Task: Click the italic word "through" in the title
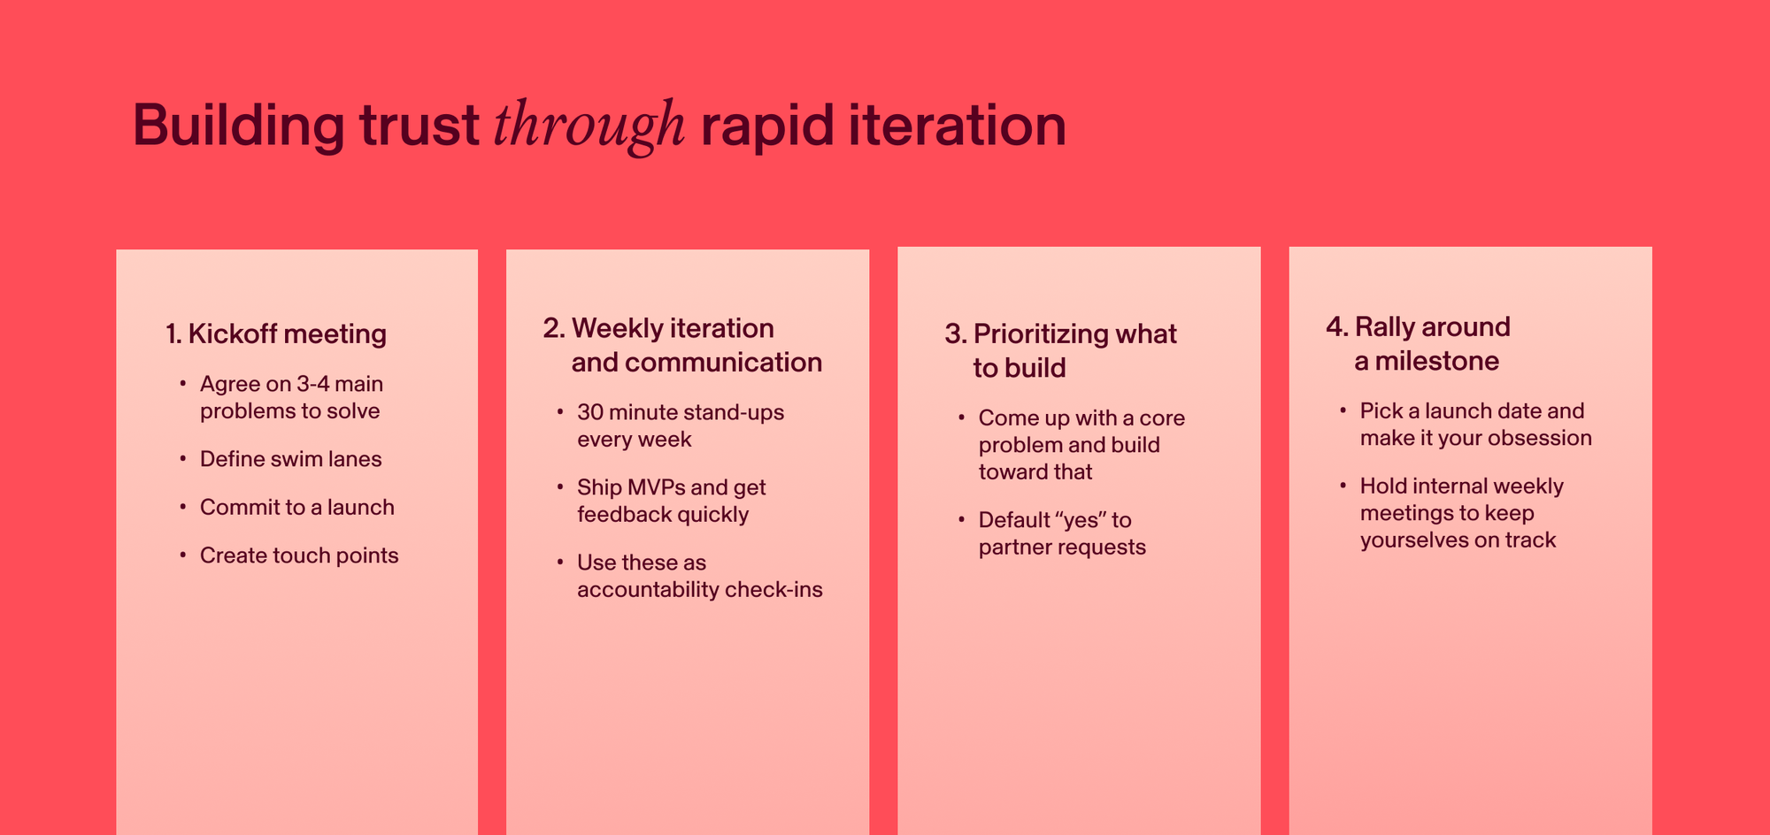[x=589, y=126]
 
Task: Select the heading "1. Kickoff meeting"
[x=276, y=333]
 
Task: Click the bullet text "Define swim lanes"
[x=290, y=459]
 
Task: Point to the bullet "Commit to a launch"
[x=296, y=507]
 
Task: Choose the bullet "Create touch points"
[x=299, y=555]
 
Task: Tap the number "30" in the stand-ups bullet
[x=590, y=412]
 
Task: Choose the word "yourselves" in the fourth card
[x=1411, y=540]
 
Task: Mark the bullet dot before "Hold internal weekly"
[x=1343, y=486]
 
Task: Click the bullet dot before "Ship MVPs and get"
[x=559, y=487]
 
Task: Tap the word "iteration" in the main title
[x=957, y=126]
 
